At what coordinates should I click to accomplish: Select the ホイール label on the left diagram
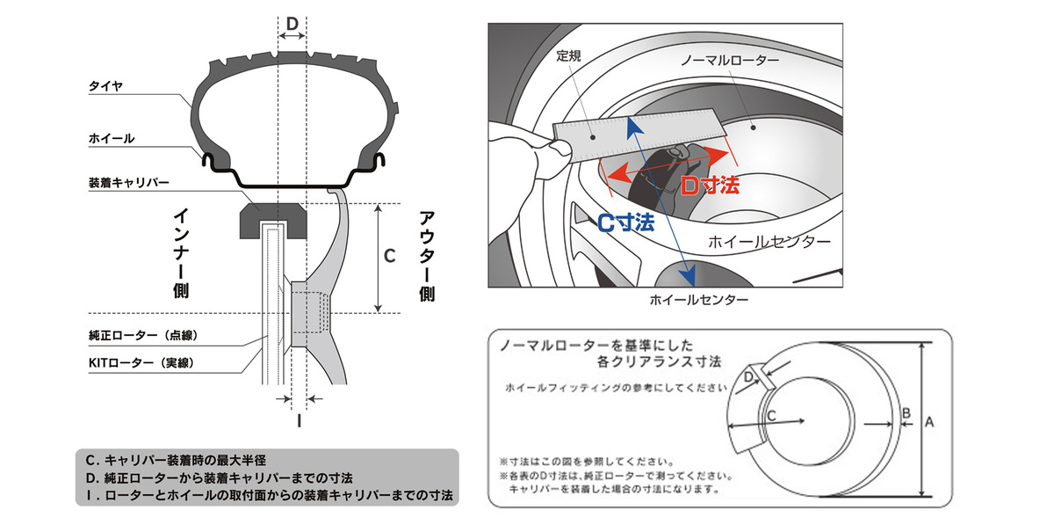click(111, 138)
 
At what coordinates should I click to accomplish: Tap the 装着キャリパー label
click(128, 184)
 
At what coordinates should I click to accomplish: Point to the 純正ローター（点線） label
click(140, 336)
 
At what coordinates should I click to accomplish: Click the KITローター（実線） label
click(141, 362)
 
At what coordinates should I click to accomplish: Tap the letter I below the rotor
click(299, 420)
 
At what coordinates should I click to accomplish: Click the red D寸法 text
click(711, 186)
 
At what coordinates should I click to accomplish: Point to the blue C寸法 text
click(625, 222)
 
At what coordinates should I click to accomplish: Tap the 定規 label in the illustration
click(569, 55)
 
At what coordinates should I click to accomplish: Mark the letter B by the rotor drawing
click(906, 412)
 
